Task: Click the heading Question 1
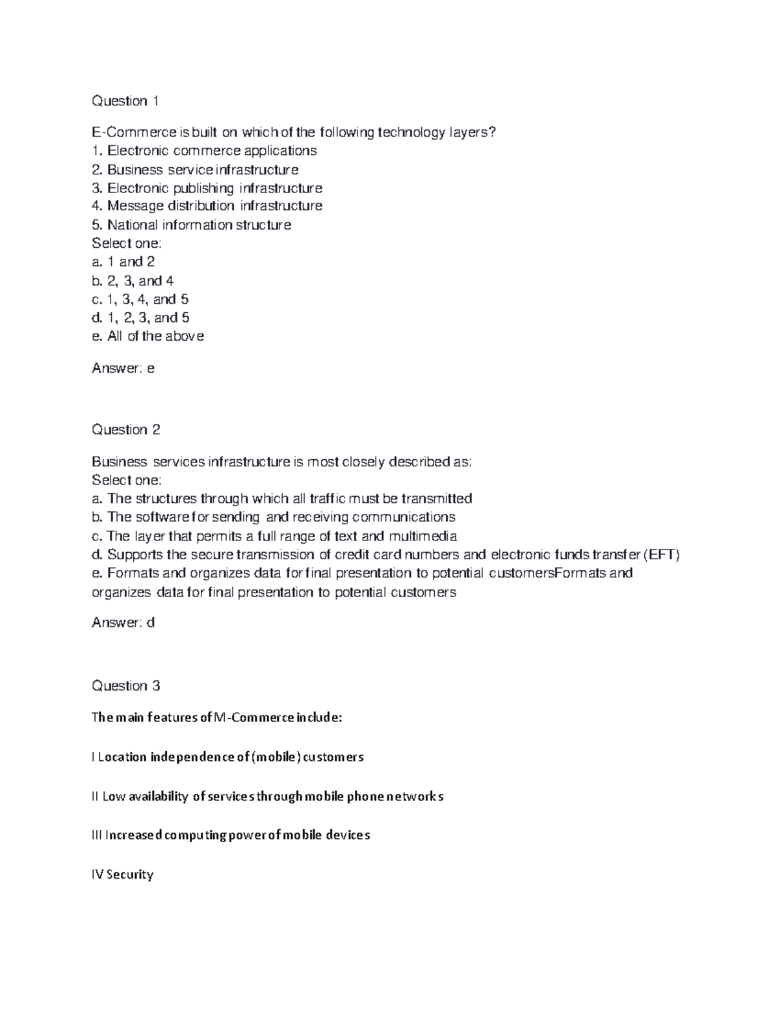pyautogui.click(x=125, y=101)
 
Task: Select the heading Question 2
pyautogui.click(x=126, y=430)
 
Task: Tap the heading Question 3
pyautogui.click(x=126, y=686)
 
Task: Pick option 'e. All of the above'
pyautogui.click(x=148, y=336)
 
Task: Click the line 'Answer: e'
pyautogui.click(x=123, y=369)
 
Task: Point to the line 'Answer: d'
pyautogui.click(x=123, y=623)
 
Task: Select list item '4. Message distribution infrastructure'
pyautogui.click(x=207, y=206)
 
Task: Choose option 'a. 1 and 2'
pyautogui.click(x=123, y=262)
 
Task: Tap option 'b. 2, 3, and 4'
pyautogui.click(x=133, y=281)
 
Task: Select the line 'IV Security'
pyautogui.click(x=123, y=875)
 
